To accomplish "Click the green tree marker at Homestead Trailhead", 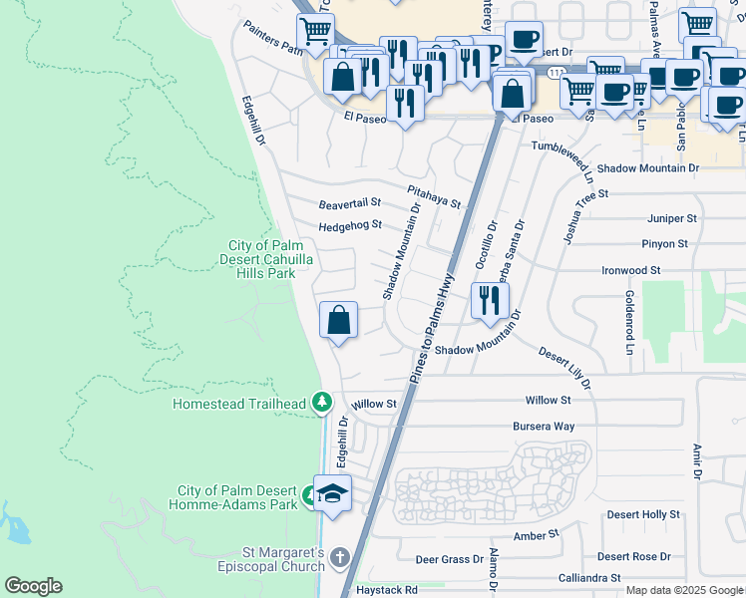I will coord(321,402).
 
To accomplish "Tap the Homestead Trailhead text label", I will coord(239,405).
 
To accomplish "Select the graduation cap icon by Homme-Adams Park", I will coord(332,493).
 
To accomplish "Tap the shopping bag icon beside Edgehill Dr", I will coord(339,321).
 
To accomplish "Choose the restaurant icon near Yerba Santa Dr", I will coord(489,300).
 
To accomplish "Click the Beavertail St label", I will coord(350,204).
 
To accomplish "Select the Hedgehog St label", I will coord(350,226).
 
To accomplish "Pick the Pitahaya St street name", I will coord(434,196).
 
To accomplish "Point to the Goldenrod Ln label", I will coord(629,323).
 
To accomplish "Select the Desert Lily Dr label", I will coord(565,369).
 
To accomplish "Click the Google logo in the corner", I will coord(33,586).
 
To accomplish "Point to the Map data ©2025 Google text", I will coord(684,591).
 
